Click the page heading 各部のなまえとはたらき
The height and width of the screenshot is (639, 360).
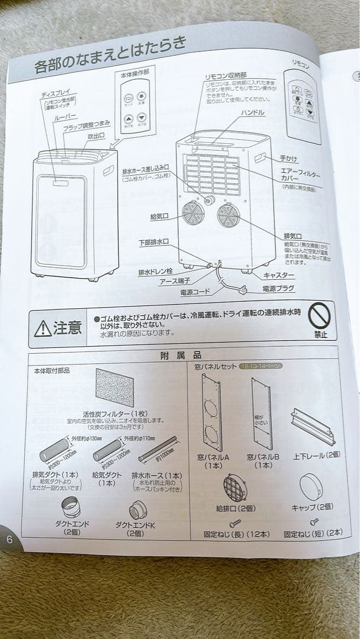[x=110, y=54]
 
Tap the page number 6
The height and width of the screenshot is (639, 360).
[x=9, y=539]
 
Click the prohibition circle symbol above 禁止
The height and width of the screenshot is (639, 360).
[x=320, y=317]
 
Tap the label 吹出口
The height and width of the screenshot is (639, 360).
[x=97, y=137]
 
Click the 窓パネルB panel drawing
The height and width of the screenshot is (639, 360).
[x=261, y=414]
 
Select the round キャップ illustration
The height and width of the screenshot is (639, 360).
[x=310, y=487]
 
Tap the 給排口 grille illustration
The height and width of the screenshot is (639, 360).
[x=235, y=488]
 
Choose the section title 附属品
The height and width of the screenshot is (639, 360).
[x=181, y=355]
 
